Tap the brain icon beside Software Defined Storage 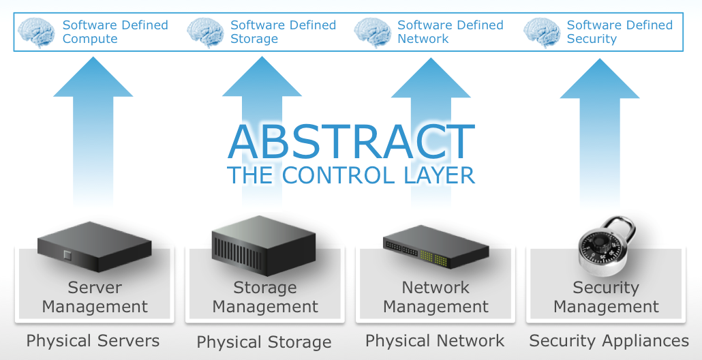[x=205, y=32]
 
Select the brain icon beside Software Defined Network [x=373, y=32]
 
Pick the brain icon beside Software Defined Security [x=542, y=32]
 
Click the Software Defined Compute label [x=115, y=32]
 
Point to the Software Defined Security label [x=619, y=32]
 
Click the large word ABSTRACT [x=351, y=142]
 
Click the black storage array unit [x=263, y=243]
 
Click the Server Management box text [x=95, y=297]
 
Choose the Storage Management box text [x=265, y=297]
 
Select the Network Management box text [x=436, y=297]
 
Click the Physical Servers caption [x=93, y=341]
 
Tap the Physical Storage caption [x=264, y=342]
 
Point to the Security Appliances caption [x=609, y=341]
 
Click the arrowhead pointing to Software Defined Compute [x=93, y=77]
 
